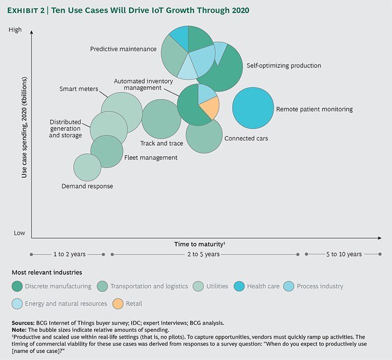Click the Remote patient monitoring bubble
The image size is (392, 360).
point(253,108)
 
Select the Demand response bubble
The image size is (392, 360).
point(87,167)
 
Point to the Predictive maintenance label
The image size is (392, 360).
point(123,49)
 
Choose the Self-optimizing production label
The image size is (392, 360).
point(284,66)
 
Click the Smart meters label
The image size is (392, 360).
point(78,89)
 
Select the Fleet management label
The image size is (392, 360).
point(151,157)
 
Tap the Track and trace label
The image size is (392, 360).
point(162,143)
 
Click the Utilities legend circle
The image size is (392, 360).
point(199,286)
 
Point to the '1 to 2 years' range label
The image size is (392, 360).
point(70,254)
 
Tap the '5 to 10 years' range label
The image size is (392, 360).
point(343,254)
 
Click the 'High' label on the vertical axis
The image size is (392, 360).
point(16,30)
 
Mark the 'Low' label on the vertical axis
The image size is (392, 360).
point(19,233)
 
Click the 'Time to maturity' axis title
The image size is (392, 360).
point(200,244)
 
